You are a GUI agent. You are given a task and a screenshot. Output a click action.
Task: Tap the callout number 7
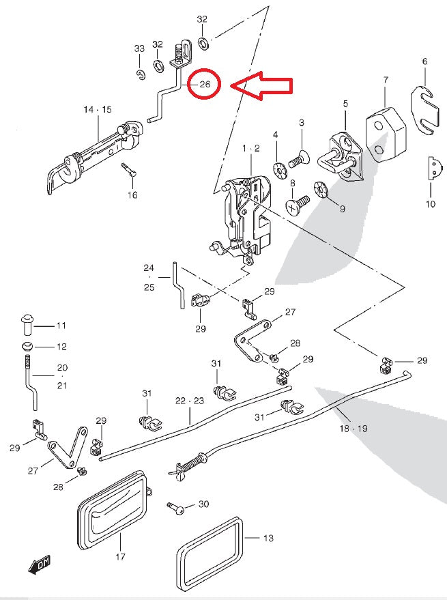pyautogui.click(x=386, y=81)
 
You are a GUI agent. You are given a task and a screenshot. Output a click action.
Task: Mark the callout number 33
pyautogui.click(x=139, y=49)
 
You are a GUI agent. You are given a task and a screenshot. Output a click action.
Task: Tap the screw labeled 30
pyautogui.click(x=175, y=509)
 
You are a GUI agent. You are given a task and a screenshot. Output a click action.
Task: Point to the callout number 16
pyautogui.click(x=132, y=195)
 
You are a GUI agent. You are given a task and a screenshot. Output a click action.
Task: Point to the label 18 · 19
pyautogui.click(x=354, y=429)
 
